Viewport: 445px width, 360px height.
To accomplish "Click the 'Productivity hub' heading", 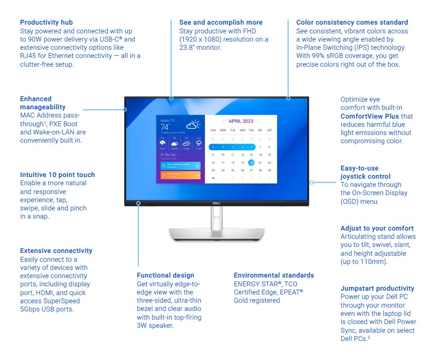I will pos(47,22).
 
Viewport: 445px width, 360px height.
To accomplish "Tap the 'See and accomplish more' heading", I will pos(221,22).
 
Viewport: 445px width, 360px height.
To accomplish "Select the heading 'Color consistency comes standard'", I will pos(352,22).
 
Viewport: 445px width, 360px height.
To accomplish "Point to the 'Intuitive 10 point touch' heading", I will pos(57,175).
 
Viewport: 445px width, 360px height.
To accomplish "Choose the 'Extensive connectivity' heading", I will pos(56,251).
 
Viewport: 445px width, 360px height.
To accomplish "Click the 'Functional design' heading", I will pos(166,275).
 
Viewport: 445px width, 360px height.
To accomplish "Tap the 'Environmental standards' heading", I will pos(274,275).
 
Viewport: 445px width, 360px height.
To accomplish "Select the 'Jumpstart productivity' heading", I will pos(377,288).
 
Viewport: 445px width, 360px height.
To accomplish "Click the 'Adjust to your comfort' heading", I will pos(377,228).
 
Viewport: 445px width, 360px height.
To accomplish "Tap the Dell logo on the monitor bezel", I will pos(216,203).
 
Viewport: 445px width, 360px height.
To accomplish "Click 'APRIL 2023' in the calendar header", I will pos(241,121).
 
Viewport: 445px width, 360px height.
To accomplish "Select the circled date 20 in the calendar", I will pos(251,162).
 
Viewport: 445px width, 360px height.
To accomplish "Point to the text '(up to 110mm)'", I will pos(364,262).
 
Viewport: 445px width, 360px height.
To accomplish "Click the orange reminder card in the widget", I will pos(180,175).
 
